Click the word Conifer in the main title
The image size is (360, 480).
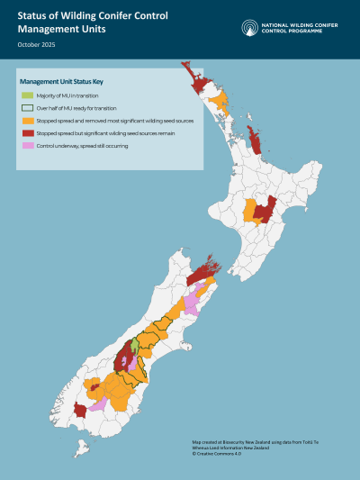click(102, 17)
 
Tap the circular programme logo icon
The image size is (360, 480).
click(249, 27)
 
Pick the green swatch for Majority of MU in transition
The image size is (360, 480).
click(28, 95)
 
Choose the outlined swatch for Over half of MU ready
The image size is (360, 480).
click(28, 107)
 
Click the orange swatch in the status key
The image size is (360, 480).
click(28, 120)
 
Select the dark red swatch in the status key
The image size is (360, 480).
click(28, 132)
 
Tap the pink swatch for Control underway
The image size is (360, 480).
click(28, 145)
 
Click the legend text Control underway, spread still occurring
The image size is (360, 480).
click(84, 145)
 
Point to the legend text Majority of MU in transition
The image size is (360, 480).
click(67, 95)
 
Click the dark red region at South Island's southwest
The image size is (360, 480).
click(79, 411)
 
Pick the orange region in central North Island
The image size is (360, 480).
click(248, 213)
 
